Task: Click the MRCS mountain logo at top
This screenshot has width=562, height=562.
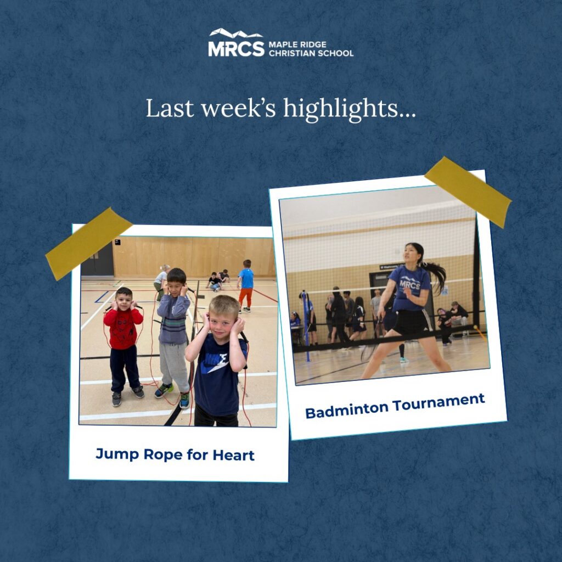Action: coord(236,42)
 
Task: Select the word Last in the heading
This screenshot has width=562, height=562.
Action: coord(170,108)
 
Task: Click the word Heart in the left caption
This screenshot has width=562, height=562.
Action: coord(233,455)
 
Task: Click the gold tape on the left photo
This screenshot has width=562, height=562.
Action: coord(89,244)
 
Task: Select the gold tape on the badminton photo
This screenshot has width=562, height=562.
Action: coord(468,192)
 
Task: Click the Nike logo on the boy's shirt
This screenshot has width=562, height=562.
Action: coord(215,363)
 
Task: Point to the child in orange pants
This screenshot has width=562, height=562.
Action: coord(245,285)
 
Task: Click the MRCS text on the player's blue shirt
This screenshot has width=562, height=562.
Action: coord(409,285)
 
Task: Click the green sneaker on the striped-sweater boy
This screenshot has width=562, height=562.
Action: coord(164,390)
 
